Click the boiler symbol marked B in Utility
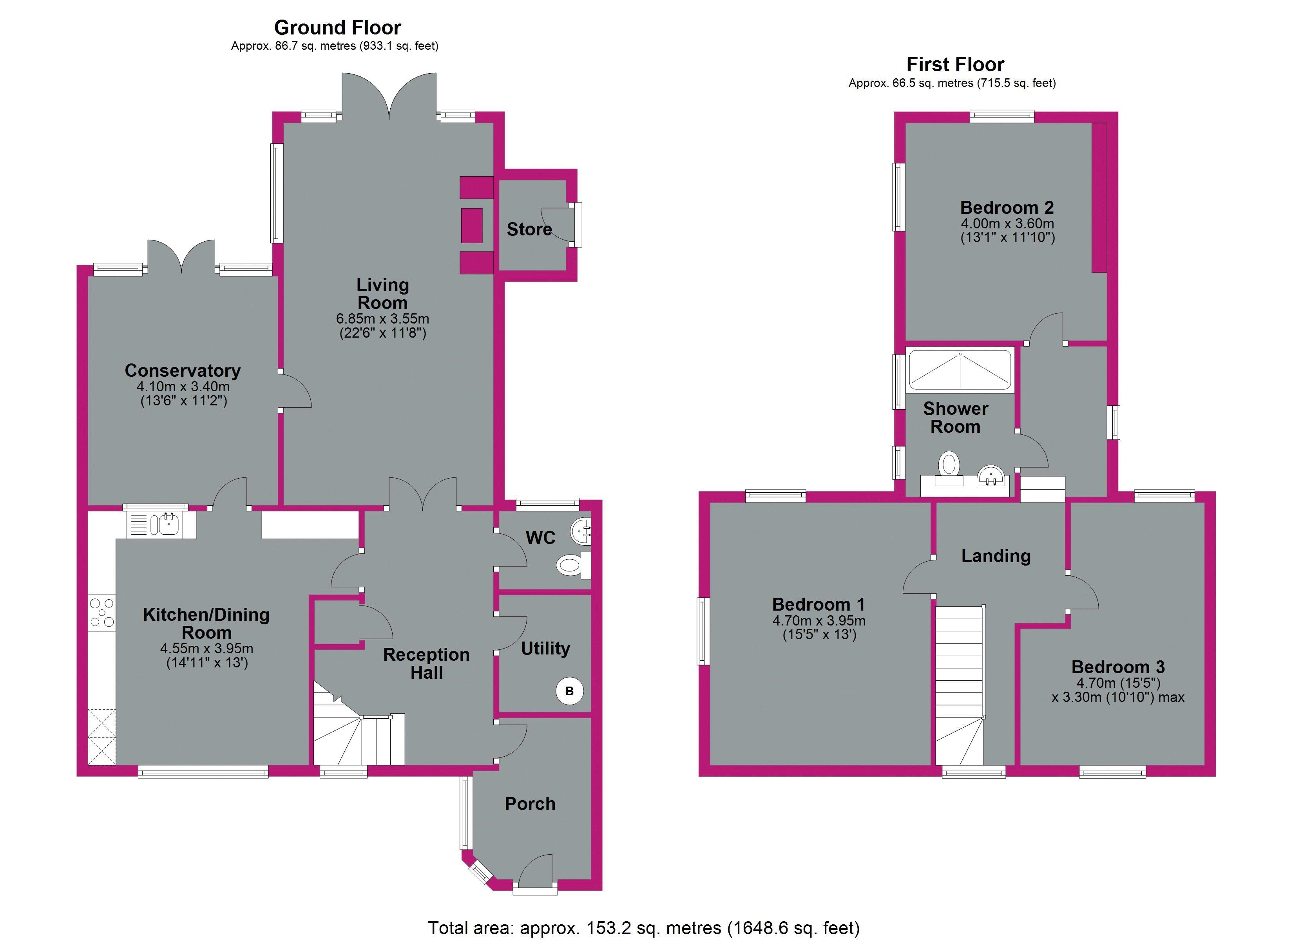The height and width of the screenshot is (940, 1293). pos(569,691)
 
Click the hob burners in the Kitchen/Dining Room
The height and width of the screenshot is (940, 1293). pos(102,612)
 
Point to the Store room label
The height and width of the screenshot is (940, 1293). pos(529,229)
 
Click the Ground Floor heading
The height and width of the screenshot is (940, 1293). pos(337,27)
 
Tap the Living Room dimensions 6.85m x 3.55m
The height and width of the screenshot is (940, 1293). pos(382,319)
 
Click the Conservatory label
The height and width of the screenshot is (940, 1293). pos(183,371)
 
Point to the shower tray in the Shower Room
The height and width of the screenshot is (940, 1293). pos(960,371)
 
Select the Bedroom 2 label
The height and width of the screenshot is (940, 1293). pos(1007,208)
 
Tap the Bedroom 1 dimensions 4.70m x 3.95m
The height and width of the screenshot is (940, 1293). pos(819,621)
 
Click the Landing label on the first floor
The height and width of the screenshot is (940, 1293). pos(996,556)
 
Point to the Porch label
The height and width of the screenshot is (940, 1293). pos(530,804)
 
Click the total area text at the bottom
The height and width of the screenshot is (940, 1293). pos(644,927)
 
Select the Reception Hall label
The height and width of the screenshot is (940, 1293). pos(426,663)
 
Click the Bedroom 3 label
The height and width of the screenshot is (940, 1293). pos(1118,667)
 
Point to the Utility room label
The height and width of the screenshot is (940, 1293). pos(545,648)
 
